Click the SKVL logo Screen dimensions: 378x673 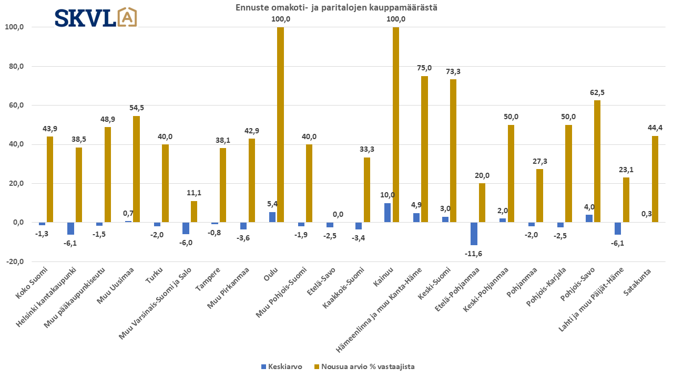click(96, 17)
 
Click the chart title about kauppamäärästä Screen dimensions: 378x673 click(336, 7)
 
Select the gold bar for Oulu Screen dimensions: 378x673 click(280, 124)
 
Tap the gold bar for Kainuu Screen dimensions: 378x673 click(396, 124)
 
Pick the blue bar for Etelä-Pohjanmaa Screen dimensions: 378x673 click(474, 234)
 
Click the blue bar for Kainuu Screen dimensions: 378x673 click(388, 213)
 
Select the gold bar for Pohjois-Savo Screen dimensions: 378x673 click(597, 161)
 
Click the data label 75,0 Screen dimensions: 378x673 click(424, 68)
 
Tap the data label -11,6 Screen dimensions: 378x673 click(473, 253)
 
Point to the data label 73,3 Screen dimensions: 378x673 click(453, 71)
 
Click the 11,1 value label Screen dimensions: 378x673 click(194, 193)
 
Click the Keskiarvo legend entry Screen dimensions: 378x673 click(281, 366)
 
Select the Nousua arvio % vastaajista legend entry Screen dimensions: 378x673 click(364, 366)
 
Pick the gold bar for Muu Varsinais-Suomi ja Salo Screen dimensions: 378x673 click(194, 212)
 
